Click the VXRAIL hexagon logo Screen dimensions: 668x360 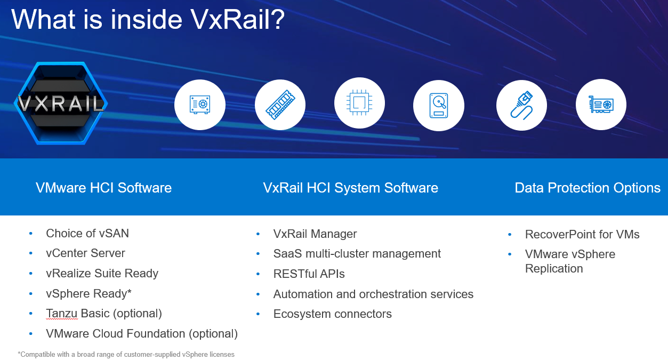point(61,103)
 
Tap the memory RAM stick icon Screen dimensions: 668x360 point(280,105)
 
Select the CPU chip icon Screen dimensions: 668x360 point(359,103)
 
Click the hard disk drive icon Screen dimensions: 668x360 point(439,105)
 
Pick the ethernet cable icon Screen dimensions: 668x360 point(521,105)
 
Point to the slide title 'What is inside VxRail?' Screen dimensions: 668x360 point(148,19)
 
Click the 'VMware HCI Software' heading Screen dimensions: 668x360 point(103,188)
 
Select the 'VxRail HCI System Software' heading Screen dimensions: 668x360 point(350,188)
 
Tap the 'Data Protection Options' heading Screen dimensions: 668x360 point(587,188)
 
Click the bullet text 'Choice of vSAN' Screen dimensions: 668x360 point(87,233)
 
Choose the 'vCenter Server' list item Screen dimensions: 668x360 point(85,253)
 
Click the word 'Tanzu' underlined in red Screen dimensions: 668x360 point(62,314)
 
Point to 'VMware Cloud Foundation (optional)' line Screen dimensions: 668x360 point(142,334)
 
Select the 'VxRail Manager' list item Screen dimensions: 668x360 point(315,234)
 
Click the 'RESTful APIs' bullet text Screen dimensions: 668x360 point(309,274)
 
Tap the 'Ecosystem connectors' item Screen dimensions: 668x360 point(333,314)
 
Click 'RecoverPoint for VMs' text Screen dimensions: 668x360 point(582,235)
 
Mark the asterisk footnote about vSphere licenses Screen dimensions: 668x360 point(126,354)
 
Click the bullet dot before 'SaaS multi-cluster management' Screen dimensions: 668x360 point(258,254)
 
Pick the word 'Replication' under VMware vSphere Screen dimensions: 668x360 point(554,269)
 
